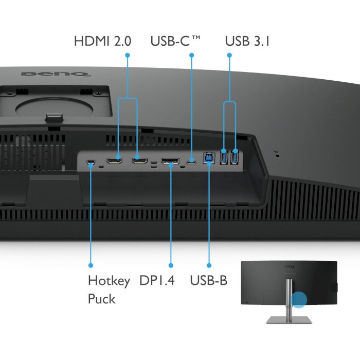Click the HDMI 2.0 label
tap(102, 41)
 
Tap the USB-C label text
tap(175, 41)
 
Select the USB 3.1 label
tap(247, 41)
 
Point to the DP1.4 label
tap(157, 280)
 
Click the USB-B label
tap(209, 280)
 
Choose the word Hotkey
tap(109, 281)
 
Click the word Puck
tap(101, 299)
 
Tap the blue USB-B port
tap(209, 158)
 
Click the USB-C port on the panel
tap(191, 162)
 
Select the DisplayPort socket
tap(170, 161)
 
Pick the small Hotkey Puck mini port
tap(91, 162)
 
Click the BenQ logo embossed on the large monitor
tap(56, 74)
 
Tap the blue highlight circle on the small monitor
tap(299, 300)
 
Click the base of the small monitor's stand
tap(289, 320)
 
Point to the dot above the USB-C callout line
tap(192, 55)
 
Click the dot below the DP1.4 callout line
tap(171, 265)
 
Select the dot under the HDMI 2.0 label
tap(128, 55)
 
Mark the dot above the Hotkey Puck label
tap(91, 265)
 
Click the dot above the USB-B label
tap(209, 265)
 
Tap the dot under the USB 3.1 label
tap(229, 55)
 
